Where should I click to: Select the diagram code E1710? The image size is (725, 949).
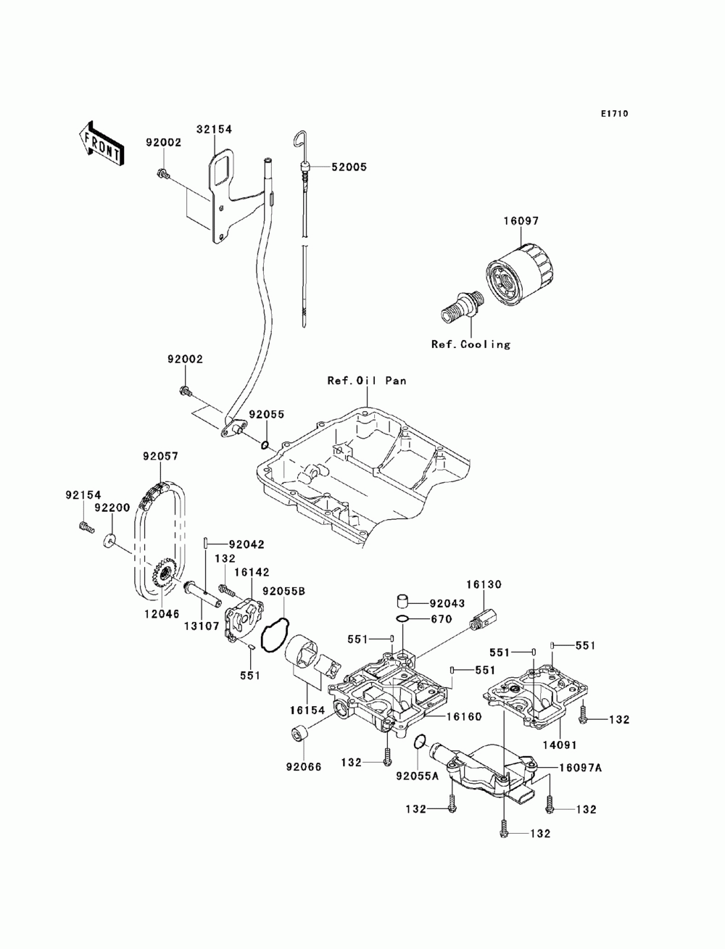click(614, 114)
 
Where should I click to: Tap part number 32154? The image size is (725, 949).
click(214, 129)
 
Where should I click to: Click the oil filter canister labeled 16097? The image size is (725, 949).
click(520, 275)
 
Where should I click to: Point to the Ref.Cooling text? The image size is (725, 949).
click(471, 344)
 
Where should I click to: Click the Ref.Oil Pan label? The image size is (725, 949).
click(367, 381)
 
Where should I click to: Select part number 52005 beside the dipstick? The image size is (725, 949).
click(349, 167)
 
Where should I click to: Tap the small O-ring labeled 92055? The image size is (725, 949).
click(265, 444)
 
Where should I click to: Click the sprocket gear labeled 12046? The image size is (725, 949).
click(163, 573)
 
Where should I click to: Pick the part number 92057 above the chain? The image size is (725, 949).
click(161, 456)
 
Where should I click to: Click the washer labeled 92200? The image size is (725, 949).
click(109, 540)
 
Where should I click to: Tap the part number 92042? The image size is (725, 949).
click(246, 544)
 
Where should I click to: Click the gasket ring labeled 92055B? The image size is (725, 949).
click(274, 634)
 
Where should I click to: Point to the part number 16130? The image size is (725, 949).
click(484, 584)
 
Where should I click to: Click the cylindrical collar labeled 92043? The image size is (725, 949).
click(403, 602)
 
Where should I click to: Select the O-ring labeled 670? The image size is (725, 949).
click(402, 621)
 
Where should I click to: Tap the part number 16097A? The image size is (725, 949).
click(580, 768)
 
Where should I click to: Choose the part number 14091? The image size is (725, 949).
click(560, 745)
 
